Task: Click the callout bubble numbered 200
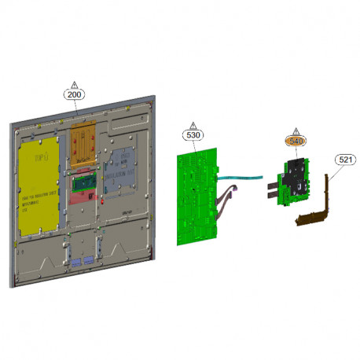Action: [75, 94]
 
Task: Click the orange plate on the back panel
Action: [84, 141]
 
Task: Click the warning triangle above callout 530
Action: [193, 124]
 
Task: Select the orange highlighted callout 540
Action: [296, 141]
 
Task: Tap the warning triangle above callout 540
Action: [296, 130]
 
